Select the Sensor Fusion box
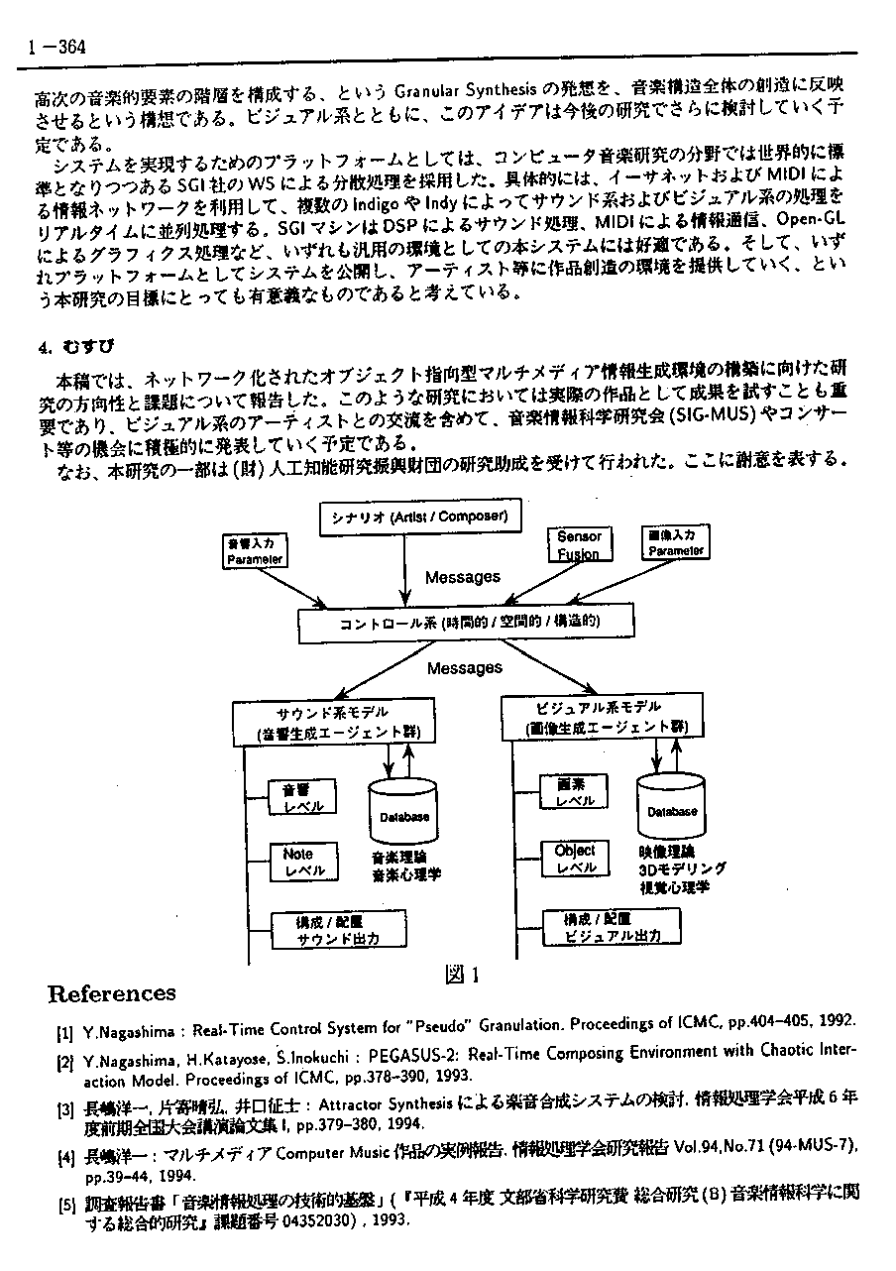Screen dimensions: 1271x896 (579, 545)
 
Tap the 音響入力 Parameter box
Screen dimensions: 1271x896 (255, 551)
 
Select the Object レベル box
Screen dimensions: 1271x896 (574, 859)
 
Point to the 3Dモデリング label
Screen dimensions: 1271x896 (682, 868)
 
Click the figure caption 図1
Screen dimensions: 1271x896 (463, 974)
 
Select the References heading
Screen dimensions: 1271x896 (111, 993)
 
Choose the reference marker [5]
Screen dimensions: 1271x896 (65, 1205)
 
